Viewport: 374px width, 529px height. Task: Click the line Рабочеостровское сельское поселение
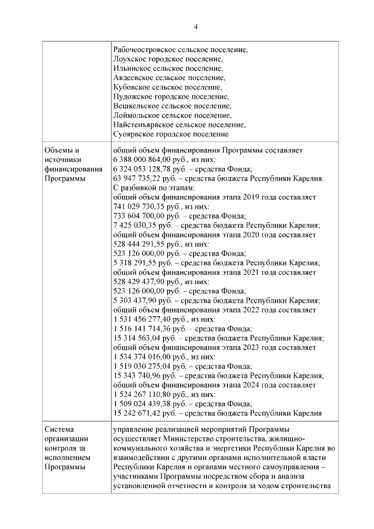(x=180, y=50)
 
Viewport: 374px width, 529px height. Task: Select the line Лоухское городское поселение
(x=167, y=59)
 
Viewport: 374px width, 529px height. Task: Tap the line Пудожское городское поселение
(x=170, y=96)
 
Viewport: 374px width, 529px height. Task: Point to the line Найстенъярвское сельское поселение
(x=178, y=125)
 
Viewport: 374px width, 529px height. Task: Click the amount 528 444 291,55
(x=138, y=244)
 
